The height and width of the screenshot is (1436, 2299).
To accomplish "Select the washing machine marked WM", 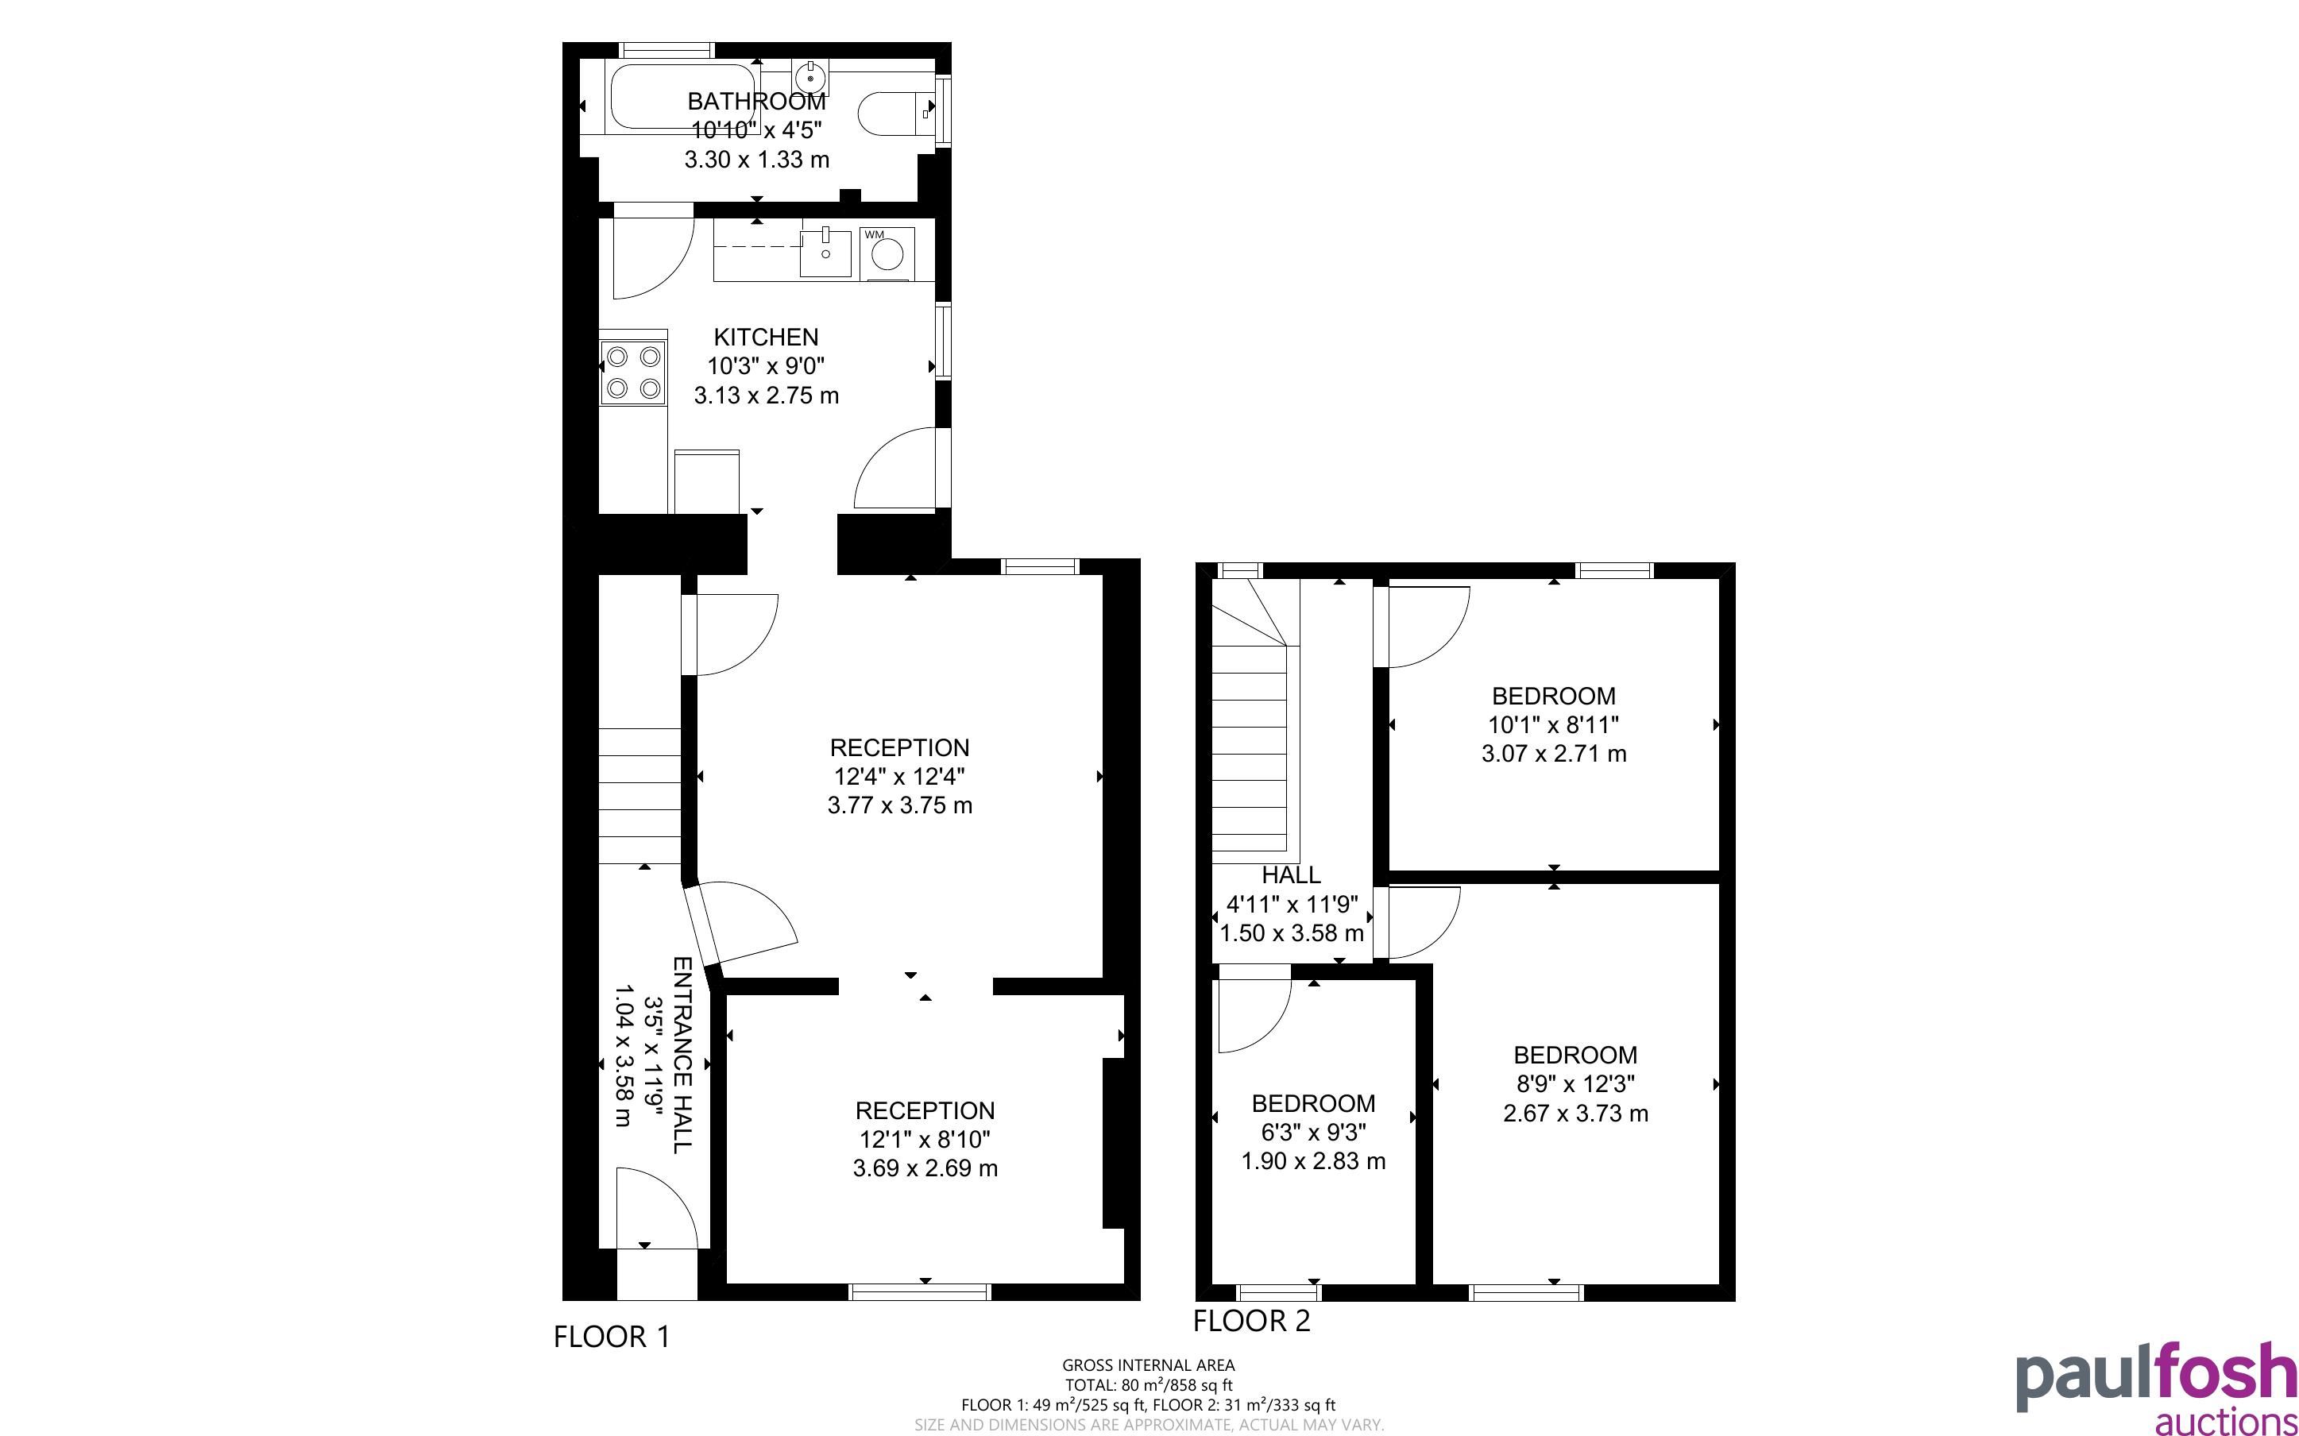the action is (x=887, y=253).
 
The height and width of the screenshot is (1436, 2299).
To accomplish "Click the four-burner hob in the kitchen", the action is (x=633, y=373).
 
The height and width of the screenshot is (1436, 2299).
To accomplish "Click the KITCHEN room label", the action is (x=765, y=337).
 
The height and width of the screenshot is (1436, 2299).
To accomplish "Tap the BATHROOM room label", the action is (x=757, y=102).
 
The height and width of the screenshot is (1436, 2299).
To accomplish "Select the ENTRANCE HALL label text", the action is (x=682, y=1054).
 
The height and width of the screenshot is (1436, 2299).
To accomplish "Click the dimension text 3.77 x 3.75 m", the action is (x=899, y=805).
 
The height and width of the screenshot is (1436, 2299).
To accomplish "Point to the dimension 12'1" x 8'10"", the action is (x=925, y=1139).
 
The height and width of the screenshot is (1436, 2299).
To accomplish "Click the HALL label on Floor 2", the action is (x=1291, y=874).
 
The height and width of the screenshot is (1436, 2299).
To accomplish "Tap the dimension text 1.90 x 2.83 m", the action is (x=1313, y=1160).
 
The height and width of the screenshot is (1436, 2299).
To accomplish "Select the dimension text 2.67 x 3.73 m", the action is (x=1575, y=1113).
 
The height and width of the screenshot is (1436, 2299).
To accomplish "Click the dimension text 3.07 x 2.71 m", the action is (x=1554, y=754).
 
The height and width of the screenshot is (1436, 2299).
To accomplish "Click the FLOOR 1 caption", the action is (x=612, y=1338).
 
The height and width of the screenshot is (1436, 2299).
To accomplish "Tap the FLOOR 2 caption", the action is (x=1252, y=1321).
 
